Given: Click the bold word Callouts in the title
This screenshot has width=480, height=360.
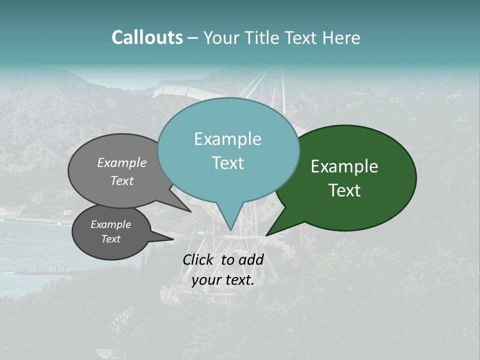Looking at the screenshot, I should click(147, 37).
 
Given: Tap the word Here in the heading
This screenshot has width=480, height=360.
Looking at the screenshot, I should click(340, 37).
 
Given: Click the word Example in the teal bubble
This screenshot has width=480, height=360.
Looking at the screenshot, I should click(227, 139).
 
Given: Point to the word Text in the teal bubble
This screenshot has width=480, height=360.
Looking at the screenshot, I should click(227, 163).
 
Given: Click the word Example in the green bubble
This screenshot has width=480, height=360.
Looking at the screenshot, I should click(344, 166).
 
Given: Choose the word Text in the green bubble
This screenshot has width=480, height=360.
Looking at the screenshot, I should click(344, 190).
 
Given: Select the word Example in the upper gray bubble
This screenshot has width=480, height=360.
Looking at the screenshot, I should click(122, 162).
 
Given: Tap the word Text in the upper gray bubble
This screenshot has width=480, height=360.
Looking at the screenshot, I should click(122, 180).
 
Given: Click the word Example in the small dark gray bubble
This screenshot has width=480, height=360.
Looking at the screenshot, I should click(110, 224).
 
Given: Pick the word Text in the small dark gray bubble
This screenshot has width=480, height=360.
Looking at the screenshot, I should click(110, 239).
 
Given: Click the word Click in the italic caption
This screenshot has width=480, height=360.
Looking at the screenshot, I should click(199, 260).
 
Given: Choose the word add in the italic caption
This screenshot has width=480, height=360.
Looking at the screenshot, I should click(250, 260).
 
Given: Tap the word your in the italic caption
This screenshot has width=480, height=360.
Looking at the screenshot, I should click(205, 280).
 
